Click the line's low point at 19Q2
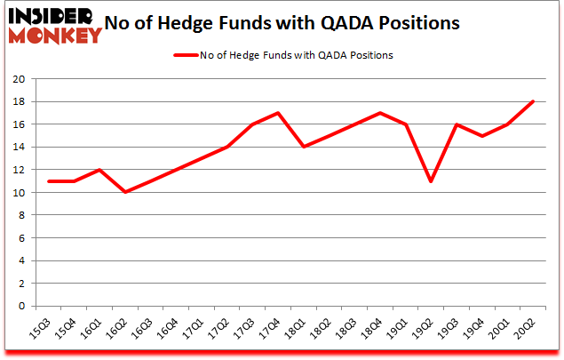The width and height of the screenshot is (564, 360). pos(432,181)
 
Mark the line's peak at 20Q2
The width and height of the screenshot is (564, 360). pos(533,101)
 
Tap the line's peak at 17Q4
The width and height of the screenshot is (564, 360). pos(279,113)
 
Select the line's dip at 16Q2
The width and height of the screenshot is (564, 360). pos(126,192)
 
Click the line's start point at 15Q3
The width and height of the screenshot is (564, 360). pos(50,181)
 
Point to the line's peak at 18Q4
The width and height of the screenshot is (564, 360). pos(380,113)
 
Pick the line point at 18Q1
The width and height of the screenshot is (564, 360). pos(304,147)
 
